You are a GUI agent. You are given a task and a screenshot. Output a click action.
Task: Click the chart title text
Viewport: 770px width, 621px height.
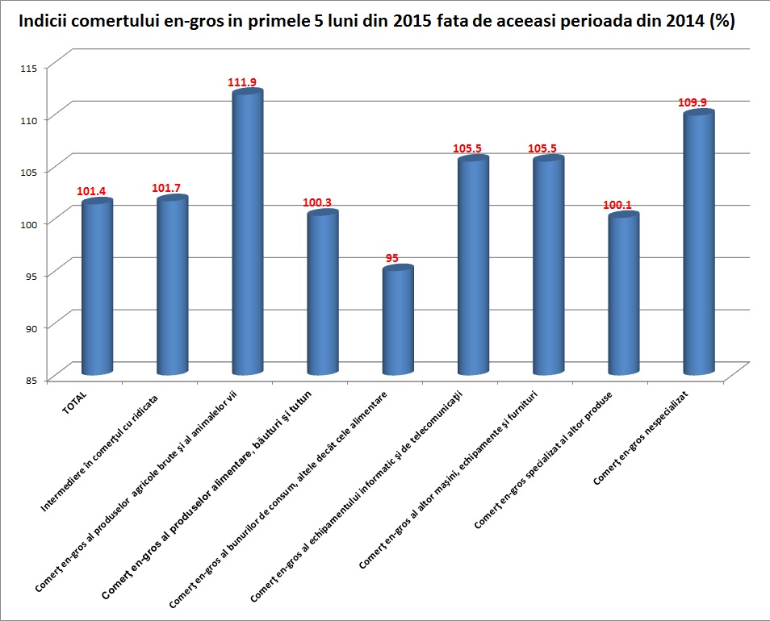pos(376,22)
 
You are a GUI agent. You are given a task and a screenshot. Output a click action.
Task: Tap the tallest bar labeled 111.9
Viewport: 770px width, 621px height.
pos(247,234)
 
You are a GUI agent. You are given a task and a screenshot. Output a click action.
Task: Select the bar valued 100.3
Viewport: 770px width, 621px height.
pos(323,294)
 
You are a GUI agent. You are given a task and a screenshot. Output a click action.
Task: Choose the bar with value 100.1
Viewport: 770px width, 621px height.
pos(623,294)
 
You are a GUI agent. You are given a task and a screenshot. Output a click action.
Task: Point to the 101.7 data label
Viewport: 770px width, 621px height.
pos(170,188)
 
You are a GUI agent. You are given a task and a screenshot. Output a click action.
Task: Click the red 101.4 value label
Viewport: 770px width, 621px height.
pos(92,191)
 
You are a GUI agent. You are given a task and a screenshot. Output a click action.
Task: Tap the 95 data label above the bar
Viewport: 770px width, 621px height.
pos(393,258)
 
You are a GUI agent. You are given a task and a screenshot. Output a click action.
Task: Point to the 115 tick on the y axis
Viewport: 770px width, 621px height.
pos(31,68)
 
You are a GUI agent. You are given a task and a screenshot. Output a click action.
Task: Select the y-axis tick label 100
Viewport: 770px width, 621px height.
pos(31,223)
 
